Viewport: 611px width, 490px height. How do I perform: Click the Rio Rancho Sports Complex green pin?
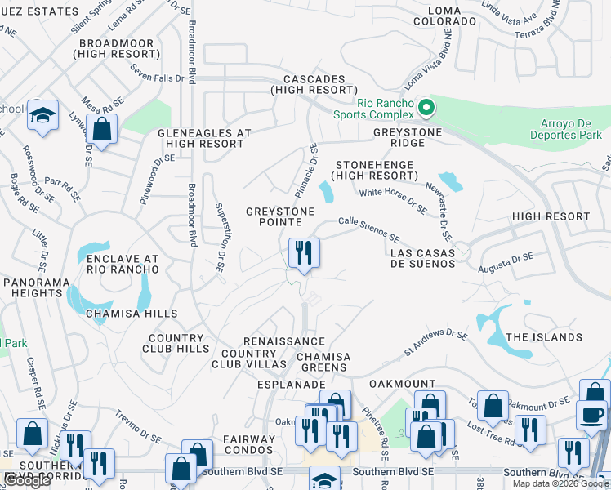[x=425, y=108]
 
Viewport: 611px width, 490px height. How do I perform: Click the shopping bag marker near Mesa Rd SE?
[x=102, y=129]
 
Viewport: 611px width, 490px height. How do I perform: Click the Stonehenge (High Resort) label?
[x=374, y=170]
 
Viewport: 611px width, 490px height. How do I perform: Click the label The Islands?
[x=544, y=337]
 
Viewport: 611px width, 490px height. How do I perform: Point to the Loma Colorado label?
[x=444, y=16]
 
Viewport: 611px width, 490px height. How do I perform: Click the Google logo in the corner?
[x=27, y=480]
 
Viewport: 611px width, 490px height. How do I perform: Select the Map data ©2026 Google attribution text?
[x=560, y=483]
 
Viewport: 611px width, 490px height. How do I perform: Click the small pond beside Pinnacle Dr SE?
[x=327, y=194]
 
